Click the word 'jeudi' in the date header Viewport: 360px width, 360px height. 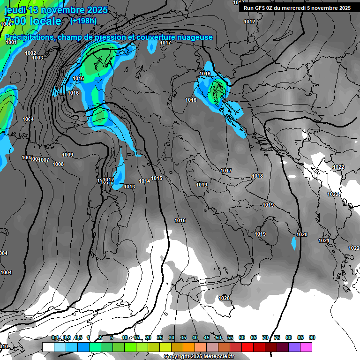pos(15,10)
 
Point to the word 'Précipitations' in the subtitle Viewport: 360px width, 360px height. pos(29,37)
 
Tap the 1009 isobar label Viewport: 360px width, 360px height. pos(67,155)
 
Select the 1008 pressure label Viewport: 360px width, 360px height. pos(58,164)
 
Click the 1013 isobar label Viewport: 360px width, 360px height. pos(129,187)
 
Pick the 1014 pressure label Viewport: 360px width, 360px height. pos(144,181)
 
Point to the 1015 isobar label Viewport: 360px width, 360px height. pos(157,178)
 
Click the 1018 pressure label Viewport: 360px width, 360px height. pos(257,176)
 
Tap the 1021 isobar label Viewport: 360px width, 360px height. pos(324,240)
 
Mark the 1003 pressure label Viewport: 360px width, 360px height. pos(37,58)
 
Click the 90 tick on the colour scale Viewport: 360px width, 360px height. pos(312,338)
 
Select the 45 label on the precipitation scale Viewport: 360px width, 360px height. pos(207,338)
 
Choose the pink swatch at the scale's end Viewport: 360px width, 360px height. pos(306,347)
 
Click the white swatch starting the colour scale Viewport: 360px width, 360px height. pos(48,347)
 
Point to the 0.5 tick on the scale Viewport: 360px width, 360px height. pos(78,338)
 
